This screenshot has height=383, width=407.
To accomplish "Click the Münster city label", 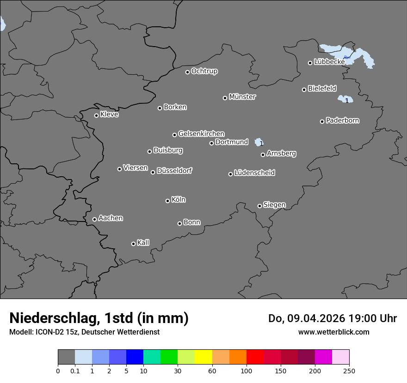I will (x=242, y=97).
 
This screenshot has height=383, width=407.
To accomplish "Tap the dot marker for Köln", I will (x=167, y=201).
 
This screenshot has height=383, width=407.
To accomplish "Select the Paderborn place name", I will (x=343, y=120).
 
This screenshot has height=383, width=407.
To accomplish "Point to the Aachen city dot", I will (x=94, y=219).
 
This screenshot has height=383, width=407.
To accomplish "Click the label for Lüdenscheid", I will (x=254, y=173).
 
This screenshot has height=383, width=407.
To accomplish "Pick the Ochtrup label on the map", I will (x=204, y=71).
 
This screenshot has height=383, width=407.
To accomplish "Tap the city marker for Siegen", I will (x=259, y=206).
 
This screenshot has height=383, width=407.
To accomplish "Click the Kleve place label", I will (x=110, y=114).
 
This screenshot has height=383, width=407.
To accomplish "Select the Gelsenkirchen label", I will (x=201, y=134).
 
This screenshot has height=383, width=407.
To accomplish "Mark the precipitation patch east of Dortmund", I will (x=259, y=142).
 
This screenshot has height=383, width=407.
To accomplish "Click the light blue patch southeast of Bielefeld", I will (x=345, y=99).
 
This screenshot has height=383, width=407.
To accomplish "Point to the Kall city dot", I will (x=133, y=244).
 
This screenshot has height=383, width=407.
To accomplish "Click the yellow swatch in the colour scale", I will (x=203, y=357).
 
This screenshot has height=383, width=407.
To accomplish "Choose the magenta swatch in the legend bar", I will (x=323, y=357).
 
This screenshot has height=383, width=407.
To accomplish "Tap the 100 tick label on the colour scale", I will (x=247, y=371).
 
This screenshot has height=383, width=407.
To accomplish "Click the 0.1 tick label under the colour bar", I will (x=75, y=371).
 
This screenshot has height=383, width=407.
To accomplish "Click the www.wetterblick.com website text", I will (x=333, y=332).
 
